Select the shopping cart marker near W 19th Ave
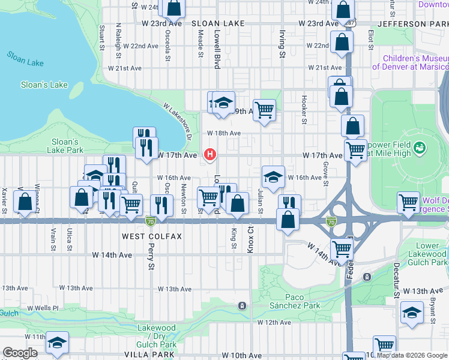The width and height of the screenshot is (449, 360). (264, 110)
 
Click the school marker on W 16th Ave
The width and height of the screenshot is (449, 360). (273, 177)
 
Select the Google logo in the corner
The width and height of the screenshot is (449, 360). (20, 353)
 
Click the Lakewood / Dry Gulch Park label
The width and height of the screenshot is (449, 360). (157, 336)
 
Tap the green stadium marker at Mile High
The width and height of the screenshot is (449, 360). (420, 147)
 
